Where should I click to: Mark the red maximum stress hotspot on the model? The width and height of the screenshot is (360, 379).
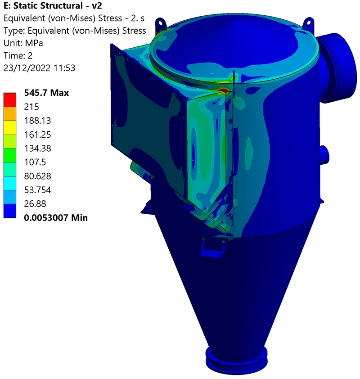tap(224, 90)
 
